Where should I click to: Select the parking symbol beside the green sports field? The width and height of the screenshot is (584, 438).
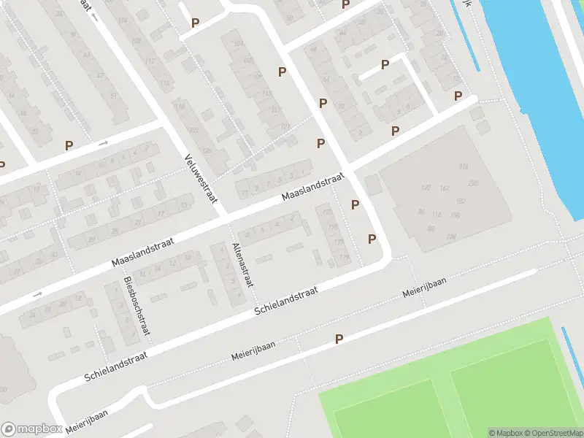pyautogui.click(x=339, y=339)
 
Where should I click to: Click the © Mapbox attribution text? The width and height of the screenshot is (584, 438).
pyautogui.click(x=505, y=433)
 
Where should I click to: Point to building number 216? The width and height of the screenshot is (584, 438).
pyautogui.click(x=463, y=167)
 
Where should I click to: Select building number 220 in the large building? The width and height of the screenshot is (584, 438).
pyautogui.click(x=472, y=182)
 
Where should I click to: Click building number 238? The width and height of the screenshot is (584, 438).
pyautogui.click(x=451, y=237)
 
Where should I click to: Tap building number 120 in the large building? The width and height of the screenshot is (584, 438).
pyautogui.click(x=426, y=188)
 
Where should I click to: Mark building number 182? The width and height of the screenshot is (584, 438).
pyautogui.click(x=460, y=201)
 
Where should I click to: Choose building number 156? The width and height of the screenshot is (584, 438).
pyautogui.click(x=455, y=214)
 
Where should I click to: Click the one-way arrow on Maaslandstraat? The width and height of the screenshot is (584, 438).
pyautogui.click(x=38, y=294)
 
